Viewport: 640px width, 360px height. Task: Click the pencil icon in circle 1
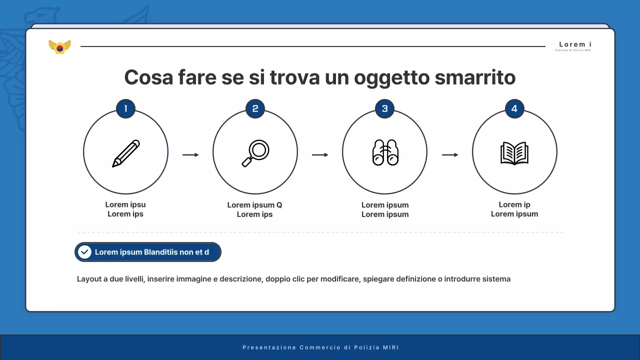125,153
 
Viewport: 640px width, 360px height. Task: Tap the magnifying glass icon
255,153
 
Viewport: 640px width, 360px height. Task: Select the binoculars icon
385,152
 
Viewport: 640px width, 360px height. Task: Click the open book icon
514,153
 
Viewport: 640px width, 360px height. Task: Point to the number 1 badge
125,108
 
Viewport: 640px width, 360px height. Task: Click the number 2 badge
255,108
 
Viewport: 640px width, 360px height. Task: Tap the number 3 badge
384,108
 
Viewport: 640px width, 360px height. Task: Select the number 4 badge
514,108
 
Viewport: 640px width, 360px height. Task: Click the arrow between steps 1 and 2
190,155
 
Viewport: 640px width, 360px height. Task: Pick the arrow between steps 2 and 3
320,155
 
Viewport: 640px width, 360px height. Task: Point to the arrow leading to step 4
450,155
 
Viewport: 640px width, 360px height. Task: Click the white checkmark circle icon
85,252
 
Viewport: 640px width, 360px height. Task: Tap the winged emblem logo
59,47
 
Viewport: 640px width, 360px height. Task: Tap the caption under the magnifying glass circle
255,209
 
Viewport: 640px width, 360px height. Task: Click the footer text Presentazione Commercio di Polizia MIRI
320,347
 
